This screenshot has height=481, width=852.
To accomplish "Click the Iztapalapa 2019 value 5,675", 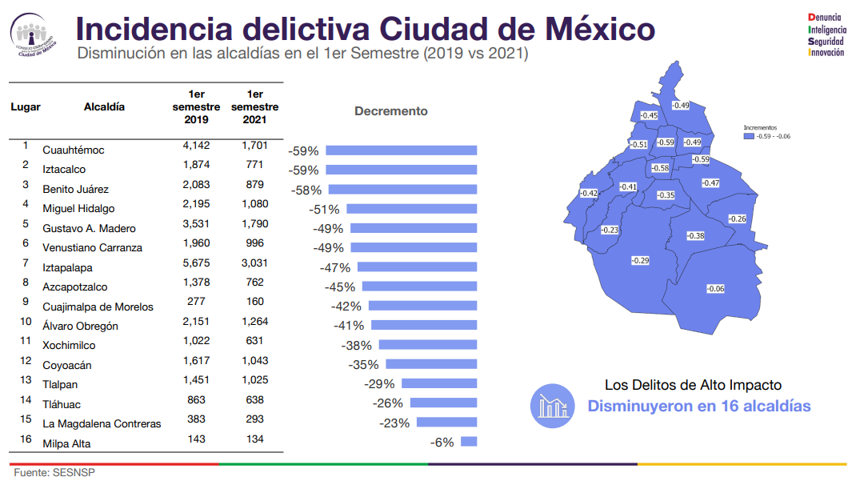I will pyautogui.click(x=196, y=263).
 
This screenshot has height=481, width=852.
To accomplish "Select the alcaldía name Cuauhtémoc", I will pyautogui.click(x=74, y=150).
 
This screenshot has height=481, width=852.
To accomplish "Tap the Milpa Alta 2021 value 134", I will pyautogui.click(x=254, y=439).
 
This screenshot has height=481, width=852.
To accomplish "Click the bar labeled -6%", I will pyautogui.click(x=469, y=442).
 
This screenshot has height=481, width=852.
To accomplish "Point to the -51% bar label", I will pyautogui.click(x=324, y=210).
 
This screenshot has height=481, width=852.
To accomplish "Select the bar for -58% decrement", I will pyautogui.click(x=402, y=190).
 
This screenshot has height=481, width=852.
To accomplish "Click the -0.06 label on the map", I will pyautogui.click(x=715, y=289).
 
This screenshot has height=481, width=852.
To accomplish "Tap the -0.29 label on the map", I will pyautogui.click(x=640, y=260).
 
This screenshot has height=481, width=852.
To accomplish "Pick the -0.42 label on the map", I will pyautogui.click(x=589, y=193).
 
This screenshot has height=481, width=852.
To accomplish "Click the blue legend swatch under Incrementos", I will pyautogui.click(x=749, y=136).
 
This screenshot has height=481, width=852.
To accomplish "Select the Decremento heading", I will pyautogui.click(x=391, y=111).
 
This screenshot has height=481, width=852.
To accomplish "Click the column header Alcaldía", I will pyautogui.click(x=104, y=106).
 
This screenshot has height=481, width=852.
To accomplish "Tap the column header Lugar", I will pyautogui.click(x=26, y=106).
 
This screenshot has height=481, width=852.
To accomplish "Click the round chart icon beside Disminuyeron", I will pyautogui.click(x=552, y=406).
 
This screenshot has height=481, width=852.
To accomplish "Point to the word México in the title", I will pyautogui.click(x=599, y=30).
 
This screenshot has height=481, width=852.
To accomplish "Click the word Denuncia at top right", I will pyautogui.click(x=826, y=17).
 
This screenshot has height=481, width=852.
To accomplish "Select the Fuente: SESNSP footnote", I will pyautogui.click(x=54, y=473).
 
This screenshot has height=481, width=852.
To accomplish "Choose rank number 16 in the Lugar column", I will pyautogui.click(x=26, y=439).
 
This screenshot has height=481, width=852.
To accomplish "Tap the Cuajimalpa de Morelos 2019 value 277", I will pyautogui.click(x=196, y=302).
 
